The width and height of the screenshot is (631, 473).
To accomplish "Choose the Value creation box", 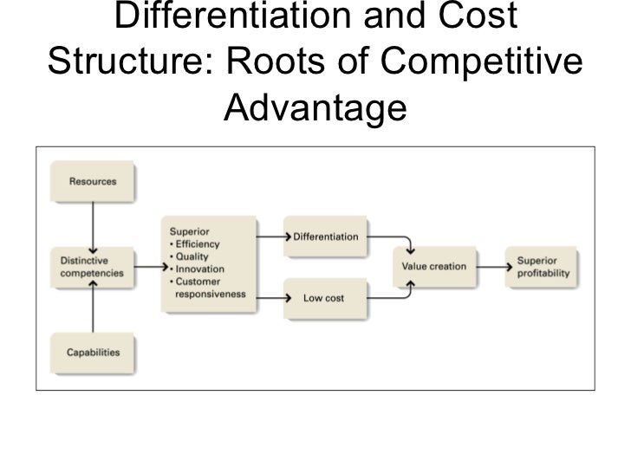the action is pyautogui.click(x=434, y=267).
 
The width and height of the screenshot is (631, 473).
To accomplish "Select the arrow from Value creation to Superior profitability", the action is pyautogui.click(x=491, y=268).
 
